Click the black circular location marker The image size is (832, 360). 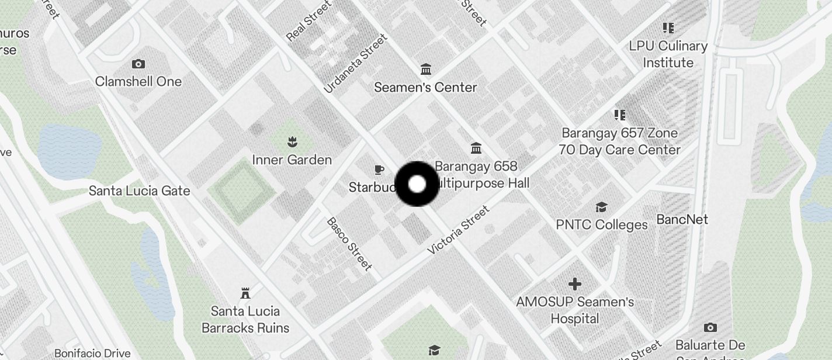417,184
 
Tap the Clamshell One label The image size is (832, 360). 138,81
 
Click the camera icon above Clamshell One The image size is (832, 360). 138,64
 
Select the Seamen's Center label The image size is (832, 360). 425,87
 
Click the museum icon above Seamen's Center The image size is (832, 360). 426,70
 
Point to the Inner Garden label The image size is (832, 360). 292,160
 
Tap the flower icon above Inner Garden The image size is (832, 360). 291,141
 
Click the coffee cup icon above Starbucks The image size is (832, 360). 379,170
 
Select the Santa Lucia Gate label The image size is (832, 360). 139,191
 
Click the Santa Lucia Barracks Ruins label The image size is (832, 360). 245,319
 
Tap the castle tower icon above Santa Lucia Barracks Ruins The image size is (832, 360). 245,293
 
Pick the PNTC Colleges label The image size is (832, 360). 602,224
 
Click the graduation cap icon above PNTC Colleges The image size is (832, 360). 601,207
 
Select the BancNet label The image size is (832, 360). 682,219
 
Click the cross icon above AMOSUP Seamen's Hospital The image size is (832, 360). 575,284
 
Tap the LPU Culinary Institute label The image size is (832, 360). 668,54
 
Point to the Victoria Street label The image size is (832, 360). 459,230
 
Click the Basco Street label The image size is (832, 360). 349,244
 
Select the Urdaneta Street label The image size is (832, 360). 355,64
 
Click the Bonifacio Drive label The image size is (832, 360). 92,353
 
